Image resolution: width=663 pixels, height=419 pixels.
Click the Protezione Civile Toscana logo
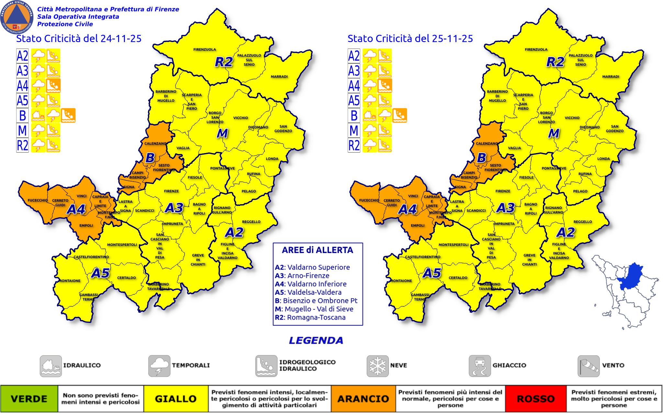17,17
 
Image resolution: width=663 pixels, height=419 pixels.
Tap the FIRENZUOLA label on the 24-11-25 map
205,50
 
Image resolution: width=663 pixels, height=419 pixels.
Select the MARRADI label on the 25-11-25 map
611,77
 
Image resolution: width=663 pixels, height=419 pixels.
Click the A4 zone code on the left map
76,210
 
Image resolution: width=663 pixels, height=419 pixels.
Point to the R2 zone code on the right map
555,62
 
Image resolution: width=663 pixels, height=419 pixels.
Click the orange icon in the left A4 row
53,86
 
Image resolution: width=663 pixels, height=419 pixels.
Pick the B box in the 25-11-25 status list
354,116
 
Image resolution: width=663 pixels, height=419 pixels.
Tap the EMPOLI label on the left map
86,226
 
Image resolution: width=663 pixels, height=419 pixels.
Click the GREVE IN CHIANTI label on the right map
529,260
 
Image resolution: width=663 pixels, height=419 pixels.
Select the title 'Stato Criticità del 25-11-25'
410,39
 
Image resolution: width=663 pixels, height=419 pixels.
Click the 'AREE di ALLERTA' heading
317,250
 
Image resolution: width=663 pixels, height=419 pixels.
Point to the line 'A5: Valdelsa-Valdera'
308,292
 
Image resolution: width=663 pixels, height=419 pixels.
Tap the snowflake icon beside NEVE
377,366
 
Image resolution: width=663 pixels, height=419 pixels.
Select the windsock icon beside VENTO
588,366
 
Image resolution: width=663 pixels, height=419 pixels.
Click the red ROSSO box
536,399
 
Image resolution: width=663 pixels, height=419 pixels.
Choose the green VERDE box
29,399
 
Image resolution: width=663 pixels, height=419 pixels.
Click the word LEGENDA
316,341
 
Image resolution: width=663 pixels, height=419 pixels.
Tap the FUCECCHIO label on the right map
369,200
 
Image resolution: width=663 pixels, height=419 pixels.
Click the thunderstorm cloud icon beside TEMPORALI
159,366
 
